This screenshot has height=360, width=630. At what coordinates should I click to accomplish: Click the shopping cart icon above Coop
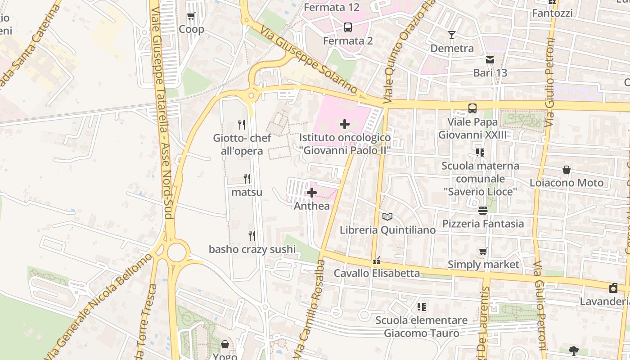click(191, 16)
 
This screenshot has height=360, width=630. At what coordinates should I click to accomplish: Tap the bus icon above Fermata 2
click(348, 27)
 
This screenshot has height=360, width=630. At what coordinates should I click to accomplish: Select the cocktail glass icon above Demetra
click(452, 35)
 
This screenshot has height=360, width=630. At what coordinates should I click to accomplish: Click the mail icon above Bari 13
click(490, 59)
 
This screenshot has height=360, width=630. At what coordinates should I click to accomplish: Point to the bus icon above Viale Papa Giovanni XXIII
click(472, 108)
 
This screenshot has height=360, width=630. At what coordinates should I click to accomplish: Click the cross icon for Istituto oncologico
click(345, 124)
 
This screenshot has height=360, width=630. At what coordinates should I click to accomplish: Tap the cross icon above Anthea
click(311, 193)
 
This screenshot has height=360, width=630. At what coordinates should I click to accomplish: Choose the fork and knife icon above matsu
click(247, 179)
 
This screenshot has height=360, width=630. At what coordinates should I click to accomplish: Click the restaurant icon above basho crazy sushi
click(252, 235)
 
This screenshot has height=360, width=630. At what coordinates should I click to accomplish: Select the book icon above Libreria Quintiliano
click(387, 216)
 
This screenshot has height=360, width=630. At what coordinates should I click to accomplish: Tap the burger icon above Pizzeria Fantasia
click(483, 210)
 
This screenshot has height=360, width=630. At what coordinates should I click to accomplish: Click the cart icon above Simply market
click(483, 251)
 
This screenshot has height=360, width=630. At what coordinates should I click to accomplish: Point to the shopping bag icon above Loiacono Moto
click(567, 170)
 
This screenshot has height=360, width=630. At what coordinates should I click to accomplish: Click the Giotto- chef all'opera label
click(242, 144)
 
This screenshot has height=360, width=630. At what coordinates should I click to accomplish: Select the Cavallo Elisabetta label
click(377, 273)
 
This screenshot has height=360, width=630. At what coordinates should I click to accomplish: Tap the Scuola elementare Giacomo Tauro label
click(422, 327)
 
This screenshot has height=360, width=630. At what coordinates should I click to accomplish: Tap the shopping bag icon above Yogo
click(225, 344)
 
